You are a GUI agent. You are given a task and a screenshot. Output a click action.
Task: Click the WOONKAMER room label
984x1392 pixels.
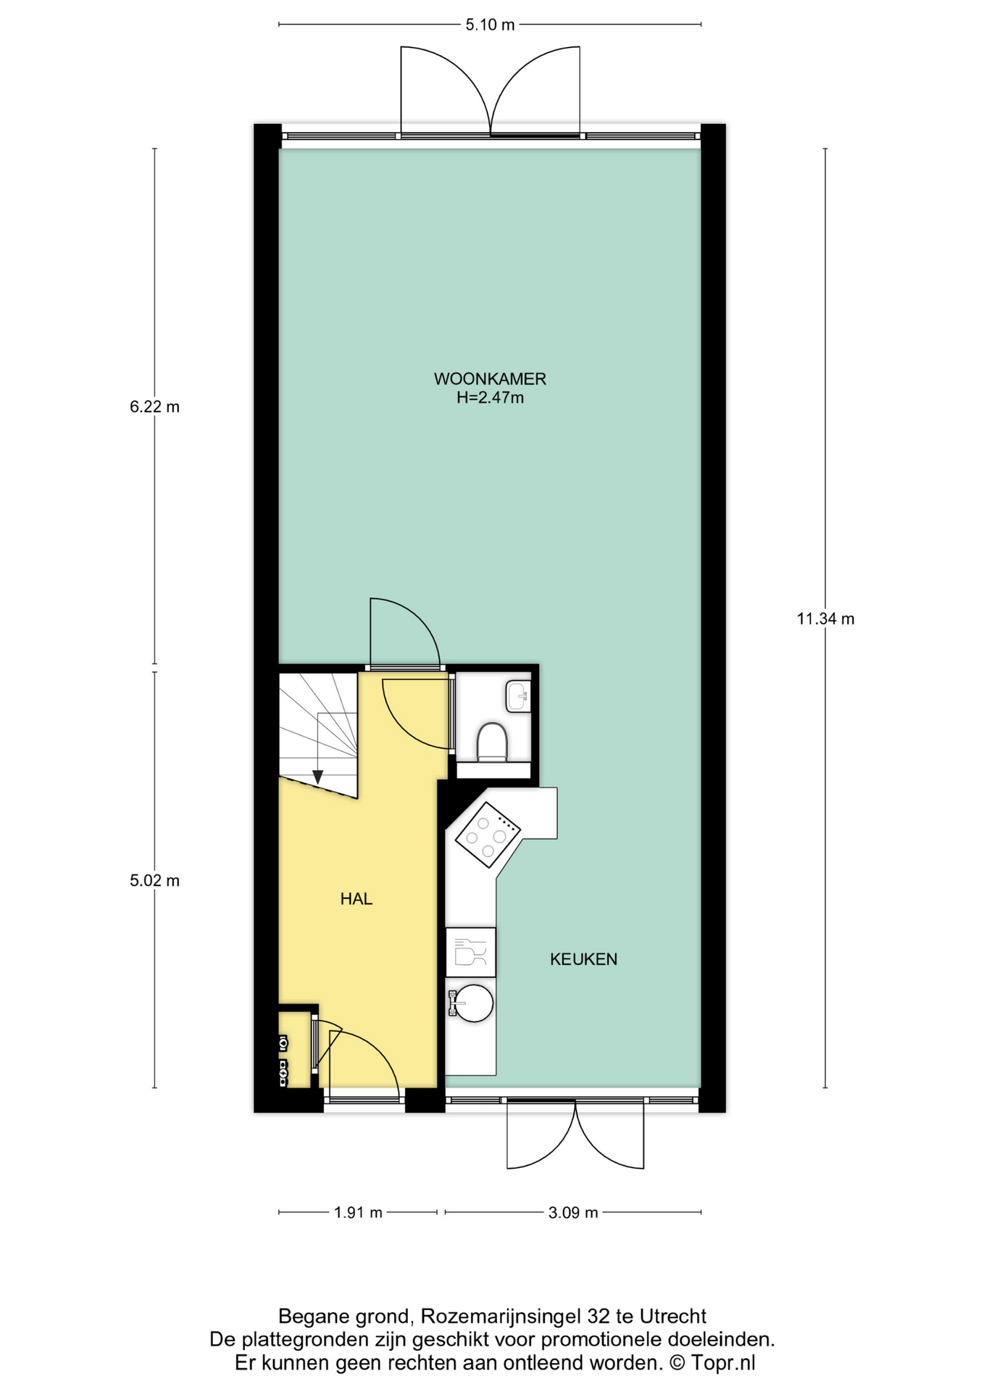tap(490, 378)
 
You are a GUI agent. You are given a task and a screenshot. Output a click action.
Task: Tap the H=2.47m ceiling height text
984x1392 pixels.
tap(490, 397)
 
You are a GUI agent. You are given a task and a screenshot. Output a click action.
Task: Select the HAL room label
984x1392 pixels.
tap(356, 899)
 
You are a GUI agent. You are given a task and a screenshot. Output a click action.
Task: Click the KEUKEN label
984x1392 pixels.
tap(583, 959)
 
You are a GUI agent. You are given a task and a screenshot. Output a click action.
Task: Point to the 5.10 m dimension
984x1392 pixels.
tap(490, 25)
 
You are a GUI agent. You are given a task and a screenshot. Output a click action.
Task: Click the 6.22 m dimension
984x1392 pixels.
tap(154, 407)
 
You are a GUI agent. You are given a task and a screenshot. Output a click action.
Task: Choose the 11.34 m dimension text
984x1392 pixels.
tap(825, 618)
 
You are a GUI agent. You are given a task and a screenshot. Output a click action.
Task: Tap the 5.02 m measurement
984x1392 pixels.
tap(154, 881)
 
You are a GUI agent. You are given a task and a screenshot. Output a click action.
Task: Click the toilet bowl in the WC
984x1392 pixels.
tap(492, 741)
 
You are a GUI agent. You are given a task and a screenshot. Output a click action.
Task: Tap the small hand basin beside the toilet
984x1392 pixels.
tap(518, 697)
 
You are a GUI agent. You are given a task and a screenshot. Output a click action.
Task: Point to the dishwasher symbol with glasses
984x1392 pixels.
tap(470, 952)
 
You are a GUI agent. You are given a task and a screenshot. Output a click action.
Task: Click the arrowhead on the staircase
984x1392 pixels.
tap(317, 777)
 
